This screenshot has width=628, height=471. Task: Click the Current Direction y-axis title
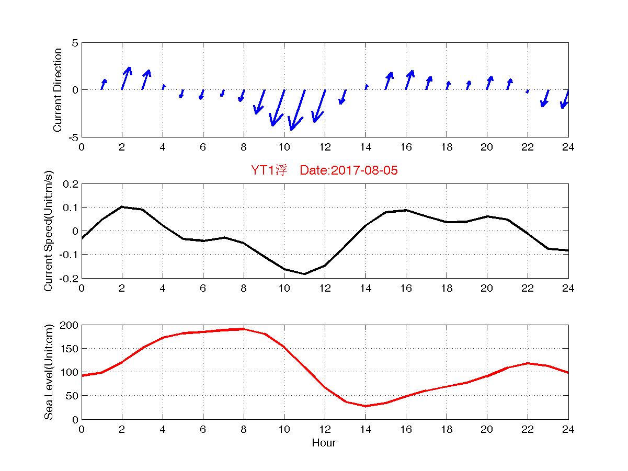coord(58,90)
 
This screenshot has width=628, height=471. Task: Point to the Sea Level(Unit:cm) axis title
coord(49,372)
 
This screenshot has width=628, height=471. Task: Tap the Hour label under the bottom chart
coord(324,443)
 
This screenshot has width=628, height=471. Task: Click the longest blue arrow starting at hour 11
coord(297,110)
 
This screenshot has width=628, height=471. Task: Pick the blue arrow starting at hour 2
coord(126,78)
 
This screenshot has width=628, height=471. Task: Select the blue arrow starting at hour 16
coord(409,79)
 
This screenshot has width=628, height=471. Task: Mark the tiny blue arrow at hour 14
coord(366,87)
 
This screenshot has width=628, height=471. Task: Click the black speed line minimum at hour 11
coord(304,273)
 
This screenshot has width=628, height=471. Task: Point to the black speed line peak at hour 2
coord(122,207)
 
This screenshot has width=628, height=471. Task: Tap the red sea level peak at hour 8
coord(243,329)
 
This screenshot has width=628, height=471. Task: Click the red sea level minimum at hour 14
coord(366,406)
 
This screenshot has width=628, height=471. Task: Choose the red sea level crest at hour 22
coord(528,363)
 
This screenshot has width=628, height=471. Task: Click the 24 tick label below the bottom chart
coord(568,430)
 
